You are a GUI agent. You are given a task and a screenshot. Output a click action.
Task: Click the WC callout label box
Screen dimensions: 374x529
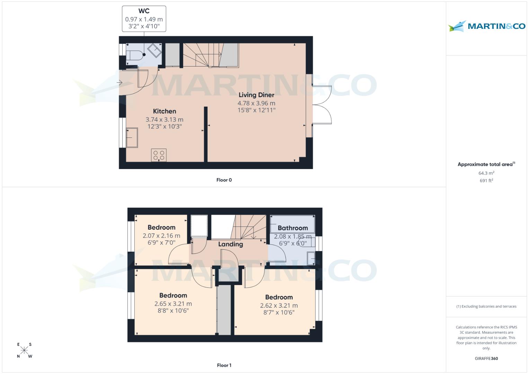(144, 19)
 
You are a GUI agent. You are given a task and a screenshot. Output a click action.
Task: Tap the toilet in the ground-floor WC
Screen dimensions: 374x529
(134, 55)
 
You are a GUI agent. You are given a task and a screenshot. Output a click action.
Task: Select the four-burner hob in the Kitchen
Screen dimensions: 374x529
(159, 155)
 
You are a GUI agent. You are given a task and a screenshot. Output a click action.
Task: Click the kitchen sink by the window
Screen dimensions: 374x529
(132, 137)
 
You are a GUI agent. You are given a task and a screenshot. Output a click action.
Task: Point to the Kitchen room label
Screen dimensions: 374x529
(165, 111)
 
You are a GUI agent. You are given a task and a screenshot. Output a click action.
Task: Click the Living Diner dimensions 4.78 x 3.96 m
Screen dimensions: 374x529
(256, 103)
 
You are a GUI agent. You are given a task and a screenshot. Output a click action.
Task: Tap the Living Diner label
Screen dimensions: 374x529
(256, 95)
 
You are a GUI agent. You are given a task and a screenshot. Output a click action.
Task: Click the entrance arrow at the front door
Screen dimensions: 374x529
(120, 83)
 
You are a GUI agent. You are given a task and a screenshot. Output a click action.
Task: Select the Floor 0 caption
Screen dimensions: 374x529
(224, 180)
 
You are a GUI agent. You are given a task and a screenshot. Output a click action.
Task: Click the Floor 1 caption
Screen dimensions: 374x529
(224, 365)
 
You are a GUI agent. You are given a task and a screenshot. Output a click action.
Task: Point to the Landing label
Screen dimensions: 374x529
(230, 244)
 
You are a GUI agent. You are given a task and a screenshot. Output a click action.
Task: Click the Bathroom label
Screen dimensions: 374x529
(293, 228)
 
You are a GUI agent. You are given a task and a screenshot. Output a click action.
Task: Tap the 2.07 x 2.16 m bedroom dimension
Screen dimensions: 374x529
(161, 236)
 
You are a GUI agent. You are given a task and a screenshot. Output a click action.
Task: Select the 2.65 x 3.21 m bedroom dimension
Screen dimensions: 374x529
(173, 304)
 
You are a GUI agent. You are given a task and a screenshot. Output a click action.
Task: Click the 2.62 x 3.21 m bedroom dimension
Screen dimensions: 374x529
(279, 306)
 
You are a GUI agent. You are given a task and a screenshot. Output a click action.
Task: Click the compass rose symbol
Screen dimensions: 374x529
(24, 350)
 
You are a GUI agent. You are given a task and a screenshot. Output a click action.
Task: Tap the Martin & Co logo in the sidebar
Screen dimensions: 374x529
(487, 26)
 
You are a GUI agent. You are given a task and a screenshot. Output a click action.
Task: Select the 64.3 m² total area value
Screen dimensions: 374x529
(486, 173)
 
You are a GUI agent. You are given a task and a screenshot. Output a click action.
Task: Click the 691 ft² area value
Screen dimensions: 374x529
(486, 181)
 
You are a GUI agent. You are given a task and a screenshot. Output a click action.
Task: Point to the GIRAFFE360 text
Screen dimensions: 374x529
(486, 359)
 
